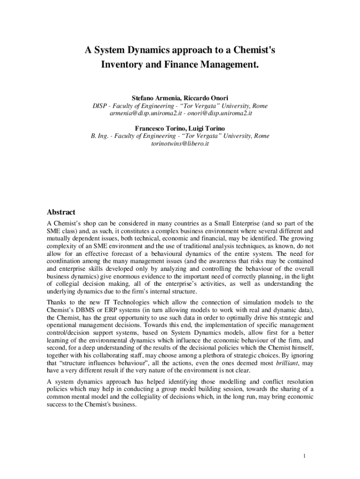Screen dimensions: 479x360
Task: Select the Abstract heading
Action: [61, 212]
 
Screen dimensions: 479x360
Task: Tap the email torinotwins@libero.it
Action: [180, 144]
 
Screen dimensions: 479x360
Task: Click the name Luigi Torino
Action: [206, 128]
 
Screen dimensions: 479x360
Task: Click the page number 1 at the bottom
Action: [304, 456]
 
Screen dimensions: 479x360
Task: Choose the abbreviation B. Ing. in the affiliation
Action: [99, 136]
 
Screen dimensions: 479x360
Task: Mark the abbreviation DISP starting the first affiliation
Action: [100, 106]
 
